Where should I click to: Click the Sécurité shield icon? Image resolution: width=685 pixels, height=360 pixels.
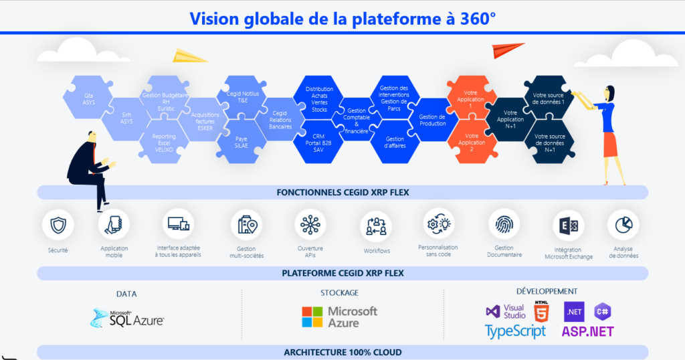tap(58, 225)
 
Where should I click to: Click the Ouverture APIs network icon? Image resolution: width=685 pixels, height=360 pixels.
tap(310, 224)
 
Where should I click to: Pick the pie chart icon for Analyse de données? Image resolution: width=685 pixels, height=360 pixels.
tap(623, 225)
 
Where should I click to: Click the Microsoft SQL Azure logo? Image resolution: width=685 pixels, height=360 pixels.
tap(127, 318)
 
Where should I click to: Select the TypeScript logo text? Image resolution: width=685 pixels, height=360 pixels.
tap(515, 331)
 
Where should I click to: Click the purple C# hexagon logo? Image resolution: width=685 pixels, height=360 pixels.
tap(603, 311)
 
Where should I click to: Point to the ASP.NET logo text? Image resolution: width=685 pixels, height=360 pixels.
tap(587, 331)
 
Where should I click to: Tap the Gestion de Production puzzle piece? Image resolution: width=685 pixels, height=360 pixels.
tap(432, 119)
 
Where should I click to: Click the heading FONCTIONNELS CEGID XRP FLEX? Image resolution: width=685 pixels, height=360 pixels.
tap(342, 193)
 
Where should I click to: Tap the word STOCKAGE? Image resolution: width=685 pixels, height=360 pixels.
tap(339, 292)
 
